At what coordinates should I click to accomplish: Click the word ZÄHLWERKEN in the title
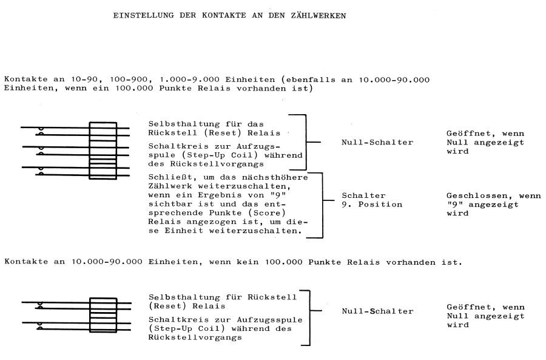[318, 16]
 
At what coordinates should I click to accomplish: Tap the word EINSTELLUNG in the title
[143, 16]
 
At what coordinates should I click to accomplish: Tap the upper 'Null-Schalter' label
[377, 142]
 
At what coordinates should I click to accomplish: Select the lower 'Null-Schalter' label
[377, 311]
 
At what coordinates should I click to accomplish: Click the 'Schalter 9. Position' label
[372, 200]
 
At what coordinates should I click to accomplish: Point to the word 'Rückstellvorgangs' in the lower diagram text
[195, 338]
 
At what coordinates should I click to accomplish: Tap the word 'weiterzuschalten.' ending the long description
[255, 231]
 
